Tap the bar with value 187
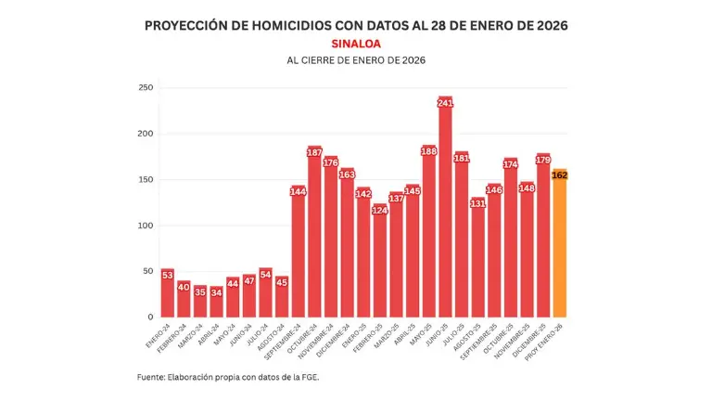pyautogui.click(x=314, y=232)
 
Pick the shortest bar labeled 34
pyautogui.click(x=216, y=302)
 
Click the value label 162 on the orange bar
pyautogui.click(x=559, y=175)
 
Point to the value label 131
pyautogui.click(x=477, y=203)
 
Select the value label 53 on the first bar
pyautogui.click(x=167, y=275)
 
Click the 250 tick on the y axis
pyautogui.click(x=145, y=88)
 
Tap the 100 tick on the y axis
pyautogui.click(x=145, y=226)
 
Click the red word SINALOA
pyautogui.click(x=356, y=43)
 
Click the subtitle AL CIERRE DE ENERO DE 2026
pyautogui.click(x=356, y=60)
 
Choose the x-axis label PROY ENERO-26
pyautogui.click(x=546, y=341)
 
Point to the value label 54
pyautogui.click(x=265, y=274)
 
